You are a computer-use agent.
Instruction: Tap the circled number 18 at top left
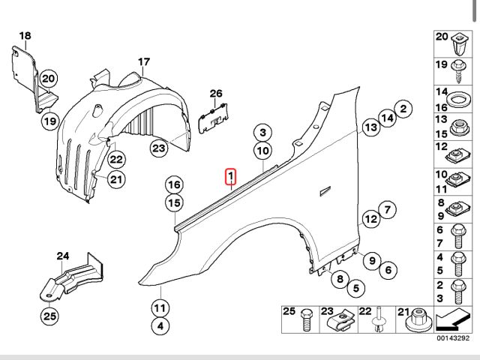pos(25,36)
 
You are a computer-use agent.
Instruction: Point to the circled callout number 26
pos(216,94)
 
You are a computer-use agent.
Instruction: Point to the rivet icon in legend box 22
pos(381,322)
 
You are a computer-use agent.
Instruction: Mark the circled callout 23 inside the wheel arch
pos(158,148)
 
